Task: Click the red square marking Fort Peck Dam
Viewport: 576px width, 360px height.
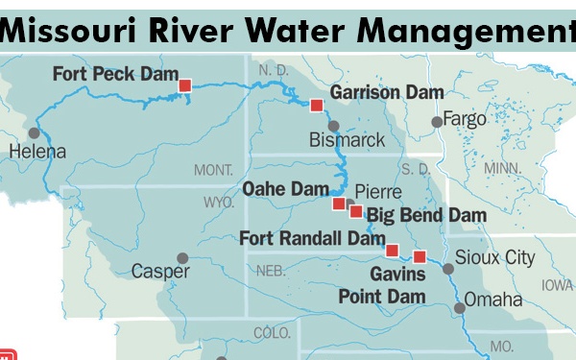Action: [185, 85]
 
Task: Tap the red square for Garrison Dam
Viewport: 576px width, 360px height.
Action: [316, 105]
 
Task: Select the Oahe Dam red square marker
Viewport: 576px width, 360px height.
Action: [339, 204]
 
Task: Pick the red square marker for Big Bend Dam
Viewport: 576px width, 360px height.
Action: [356, 211]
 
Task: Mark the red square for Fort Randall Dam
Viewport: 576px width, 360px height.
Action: [392, 251]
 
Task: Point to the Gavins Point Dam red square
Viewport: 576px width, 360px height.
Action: [420, 255]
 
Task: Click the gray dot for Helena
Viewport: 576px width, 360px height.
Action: [35, 132]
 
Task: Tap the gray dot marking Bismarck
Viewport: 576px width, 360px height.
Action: [333, 126]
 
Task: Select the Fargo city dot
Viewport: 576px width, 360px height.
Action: [437, 121]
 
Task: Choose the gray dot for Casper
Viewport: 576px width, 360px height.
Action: [183, 258]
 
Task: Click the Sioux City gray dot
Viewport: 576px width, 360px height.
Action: [447, 269]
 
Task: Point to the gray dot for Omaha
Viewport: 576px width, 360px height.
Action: [460, 308]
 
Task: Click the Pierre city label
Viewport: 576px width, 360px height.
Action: [378, 192]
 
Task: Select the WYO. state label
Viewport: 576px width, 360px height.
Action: [219, 203]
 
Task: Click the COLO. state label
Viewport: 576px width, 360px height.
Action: [272, 333]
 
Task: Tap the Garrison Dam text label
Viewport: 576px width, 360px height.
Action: [386, 92]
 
